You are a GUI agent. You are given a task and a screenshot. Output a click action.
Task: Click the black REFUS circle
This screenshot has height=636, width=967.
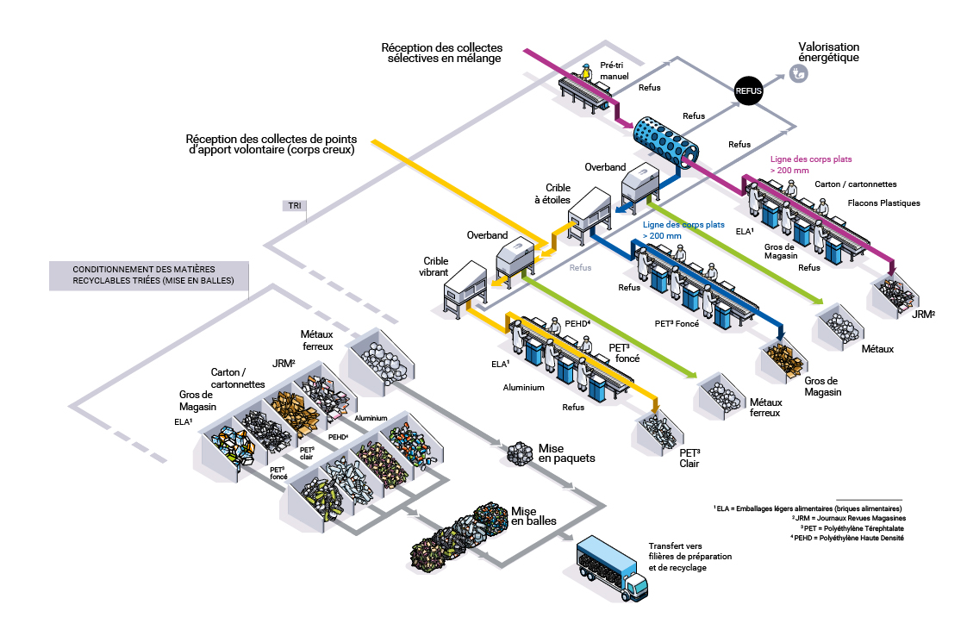(x=749, y=90)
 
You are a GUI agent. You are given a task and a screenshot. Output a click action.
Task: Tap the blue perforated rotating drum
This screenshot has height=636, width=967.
(x=663, y=138)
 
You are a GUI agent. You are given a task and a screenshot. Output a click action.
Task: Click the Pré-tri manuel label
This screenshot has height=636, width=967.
(x=614, y=70)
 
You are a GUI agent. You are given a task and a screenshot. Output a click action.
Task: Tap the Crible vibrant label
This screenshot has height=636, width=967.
(x=435, y=265)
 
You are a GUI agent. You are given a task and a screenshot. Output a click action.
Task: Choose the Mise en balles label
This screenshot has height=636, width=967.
(x=533, y=516)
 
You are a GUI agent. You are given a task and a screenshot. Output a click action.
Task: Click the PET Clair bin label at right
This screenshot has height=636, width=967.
(x=688, y=458)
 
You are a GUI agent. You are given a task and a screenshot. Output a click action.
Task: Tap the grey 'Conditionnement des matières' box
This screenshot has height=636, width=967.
(x=147, y=275)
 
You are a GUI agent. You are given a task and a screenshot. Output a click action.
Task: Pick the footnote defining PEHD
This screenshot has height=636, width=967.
(x=846, y=538)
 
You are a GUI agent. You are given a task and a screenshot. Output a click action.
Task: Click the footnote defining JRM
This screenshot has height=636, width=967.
(x=847, y=517)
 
